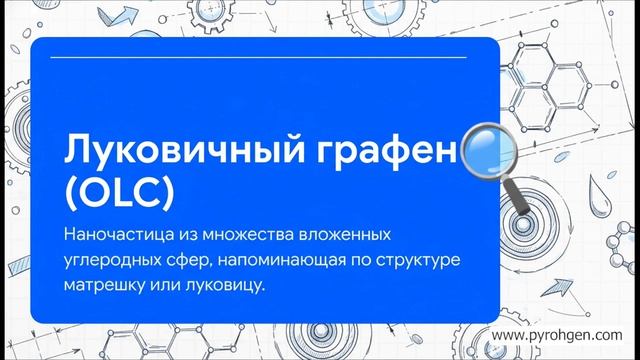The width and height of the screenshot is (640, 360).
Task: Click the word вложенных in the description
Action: (339, 236)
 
